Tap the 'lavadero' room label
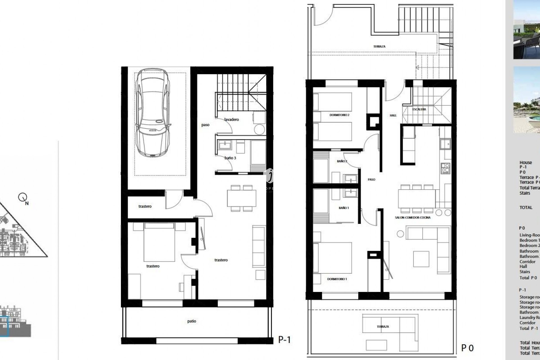point(231,120)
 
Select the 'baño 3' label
point(230,158)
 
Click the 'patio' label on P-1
point(192,321)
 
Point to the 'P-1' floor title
point(284,340)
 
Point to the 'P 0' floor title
point(467,348)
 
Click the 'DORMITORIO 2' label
point(339,115)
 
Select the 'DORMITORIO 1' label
point(337,279)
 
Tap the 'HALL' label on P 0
point(393,115)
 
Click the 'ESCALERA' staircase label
point(419,109)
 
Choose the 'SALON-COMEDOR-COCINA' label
point(413,218)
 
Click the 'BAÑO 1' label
point(344,208)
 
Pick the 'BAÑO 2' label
point(342,161)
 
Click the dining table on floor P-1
point(242,198)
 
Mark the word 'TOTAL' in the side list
point(526,208)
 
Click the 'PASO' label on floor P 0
point(371,179)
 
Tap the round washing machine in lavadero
point(259,130)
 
